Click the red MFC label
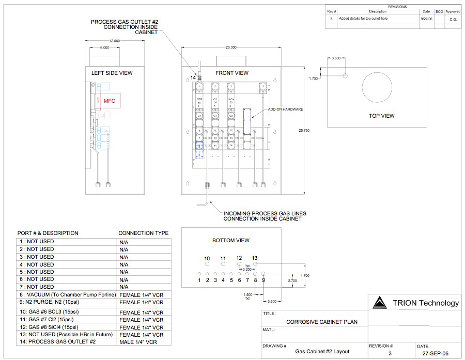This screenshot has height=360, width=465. pos(110,101)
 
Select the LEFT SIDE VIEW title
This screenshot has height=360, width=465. pos(112,73)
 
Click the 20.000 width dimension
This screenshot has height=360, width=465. pos(230,47)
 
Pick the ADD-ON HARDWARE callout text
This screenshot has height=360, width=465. pos(285,109)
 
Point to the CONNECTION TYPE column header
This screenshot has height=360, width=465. pos(143,233)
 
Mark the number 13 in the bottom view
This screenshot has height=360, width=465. pos(255,258)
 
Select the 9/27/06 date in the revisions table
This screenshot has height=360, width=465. pos(426,18)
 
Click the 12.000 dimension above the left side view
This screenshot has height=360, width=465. pos(114,40)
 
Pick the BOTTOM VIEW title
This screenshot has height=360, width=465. pos(231,240)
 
